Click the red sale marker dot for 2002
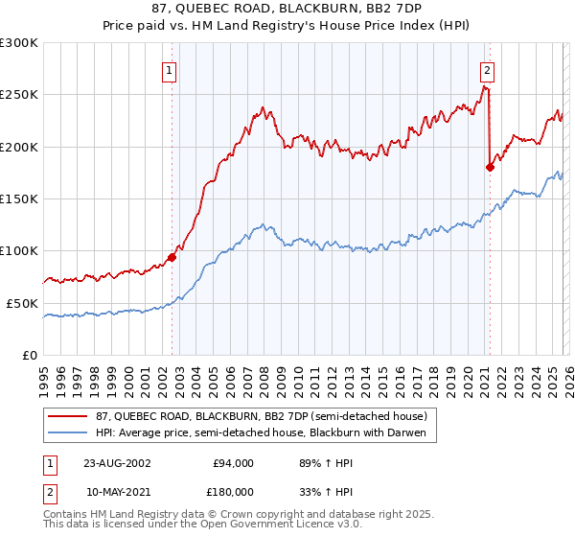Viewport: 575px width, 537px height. coord(172,257)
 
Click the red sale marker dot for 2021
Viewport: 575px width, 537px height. coord(490,167)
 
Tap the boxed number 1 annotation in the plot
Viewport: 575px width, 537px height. coord(170,69)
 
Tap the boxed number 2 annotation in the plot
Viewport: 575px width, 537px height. coord(488,69)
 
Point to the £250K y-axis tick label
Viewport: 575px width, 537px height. coord(19,95)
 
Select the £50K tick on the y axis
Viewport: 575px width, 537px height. coord(22,303)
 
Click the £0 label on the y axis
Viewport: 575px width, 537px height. coord(30,355)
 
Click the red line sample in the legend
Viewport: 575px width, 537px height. coord(69,416)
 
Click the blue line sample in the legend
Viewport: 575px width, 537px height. coord(69,433)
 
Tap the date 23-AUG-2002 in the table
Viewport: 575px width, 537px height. coord(117,462)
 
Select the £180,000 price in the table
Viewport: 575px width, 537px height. coord(233,491)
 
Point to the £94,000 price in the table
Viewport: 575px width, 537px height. coord(233,462)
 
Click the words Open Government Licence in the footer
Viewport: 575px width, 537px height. coord(240,526)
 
